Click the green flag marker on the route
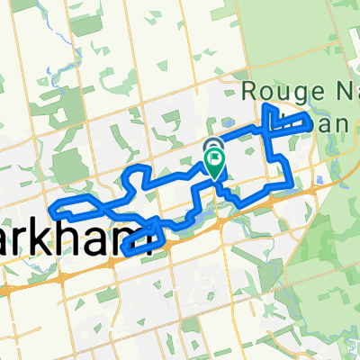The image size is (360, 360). (216, 163)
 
